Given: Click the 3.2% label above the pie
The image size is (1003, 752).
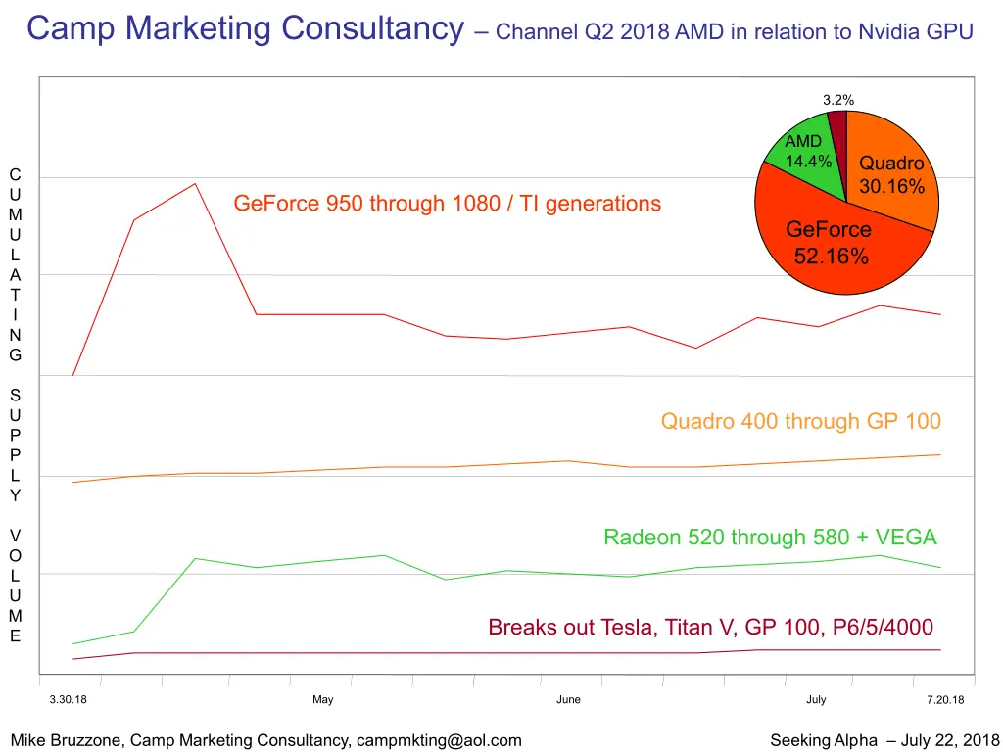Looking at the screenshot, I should coord(837,99).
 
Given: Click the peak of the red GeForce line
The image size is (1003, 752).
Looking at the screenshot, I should coord(195,184).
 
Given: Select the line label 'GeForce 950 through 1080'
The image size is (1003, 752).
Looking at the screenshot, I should coord(447,204).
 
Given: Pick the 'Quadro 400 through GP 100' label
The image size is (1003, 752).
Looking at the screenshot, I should coord(800,422).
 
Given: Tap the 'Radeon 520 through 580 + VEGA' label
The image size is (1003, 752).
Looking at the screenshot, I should coord(770,538).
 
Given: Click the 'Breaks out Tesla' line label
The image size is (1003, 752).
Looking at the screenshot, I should coord(710,628).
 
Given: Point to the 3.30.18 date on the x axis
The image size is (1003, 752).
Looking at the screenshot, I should coord(69,699).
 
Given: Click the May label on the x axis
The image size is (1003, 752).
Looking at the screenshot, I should coord(322,699).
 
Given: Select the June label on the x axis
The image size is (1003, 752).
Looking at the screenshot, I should coord(568,699).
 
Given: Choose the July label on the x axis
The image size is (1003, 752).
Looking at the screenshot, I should coord(816,699).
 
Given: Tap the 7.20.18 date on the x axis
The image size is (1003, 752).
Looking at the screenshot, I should coord(945,699).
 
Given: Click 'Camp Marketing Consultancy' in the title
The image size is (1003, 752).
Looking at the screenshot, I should coord(245,28).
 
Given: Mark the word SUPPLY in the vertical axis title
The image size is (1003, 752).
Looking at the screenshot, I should coord(15,445).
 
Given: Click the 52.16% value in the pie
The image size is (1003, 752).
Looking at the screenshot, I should coord(831,258).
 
